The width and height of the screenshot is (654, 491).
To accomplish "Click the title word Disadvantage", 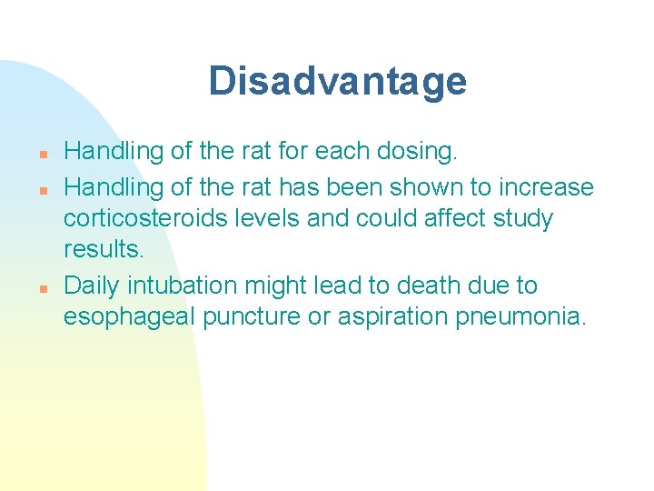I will click(337, 82).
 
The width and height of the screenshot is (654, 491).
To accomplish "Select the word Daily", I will click(92, 286).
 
